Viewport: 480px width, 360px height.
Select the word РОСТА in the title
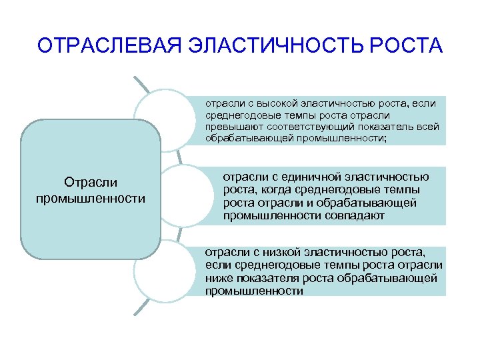pyautogui.click(x=405, y=46)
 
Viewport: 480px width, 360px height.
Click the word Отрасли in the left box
pyautogui.click(x=91, y=182)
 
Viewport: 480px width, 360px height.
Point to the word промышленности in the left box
pyautogui.click(x=91, y=198)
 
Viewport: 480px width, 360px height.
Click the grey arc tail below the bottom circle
pyautogui.click(x=141, y=306)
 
